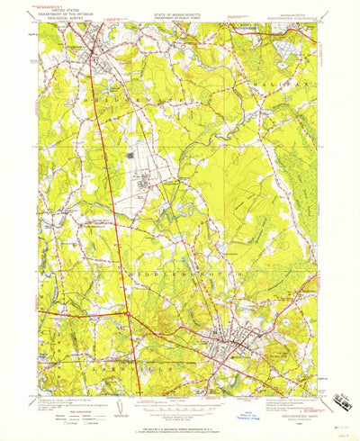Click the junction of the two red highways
pos(128,313)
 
